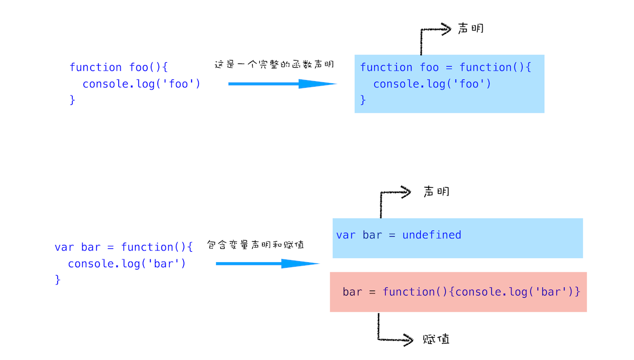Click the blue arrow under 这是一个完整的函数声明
pos(282,84)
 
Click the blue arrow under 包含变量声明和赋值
pos(267,263)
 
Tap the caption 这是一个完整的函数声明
pos(274,64)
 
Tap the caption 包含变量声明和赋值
pos(255,244)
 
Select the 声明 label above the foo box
pos(470,28)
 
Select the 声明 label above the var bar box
pos(436,192)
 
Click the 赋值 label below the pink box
pos(436,339)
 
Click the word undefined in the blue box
pos(431,235)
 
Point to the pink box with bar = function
pos(458,292)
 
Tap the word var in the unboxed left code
pos(64,247)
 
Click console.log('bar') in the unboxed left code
pos(127,264)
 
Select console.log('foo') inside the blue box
pos(432,84)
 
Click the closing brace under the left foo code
pos(72,100)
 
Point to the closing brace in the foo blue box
pos(363,100)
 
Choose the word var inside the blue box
pos(346,235)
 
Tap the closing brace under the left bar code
pos(58,279)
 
